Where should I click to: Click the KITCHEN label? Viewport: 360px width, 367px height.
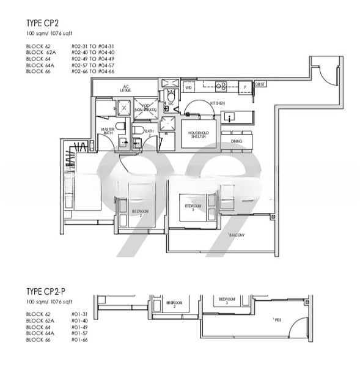pos(218,103)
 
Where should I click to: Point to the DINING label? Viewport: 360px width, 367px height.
pos(236,141)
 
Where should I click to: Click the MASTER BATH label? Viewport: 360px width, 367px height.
pos(108,130)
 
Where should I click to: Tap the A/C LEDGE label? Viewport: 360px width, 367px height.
pos(127,89)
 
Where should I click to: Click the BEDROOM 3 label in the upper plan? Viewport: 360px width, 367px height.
pos(193,208)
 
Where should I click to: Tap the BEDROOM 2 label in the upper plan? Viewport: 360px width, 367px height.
pos(141,213)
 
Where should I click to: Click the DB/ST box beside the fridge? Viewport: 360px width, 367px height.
pos(260,84)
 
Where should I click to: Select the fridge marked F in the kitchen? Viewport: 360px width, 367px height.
pos(245,87)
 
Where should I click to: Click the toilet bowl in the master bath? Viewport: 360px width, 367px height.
pos(120,125)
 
